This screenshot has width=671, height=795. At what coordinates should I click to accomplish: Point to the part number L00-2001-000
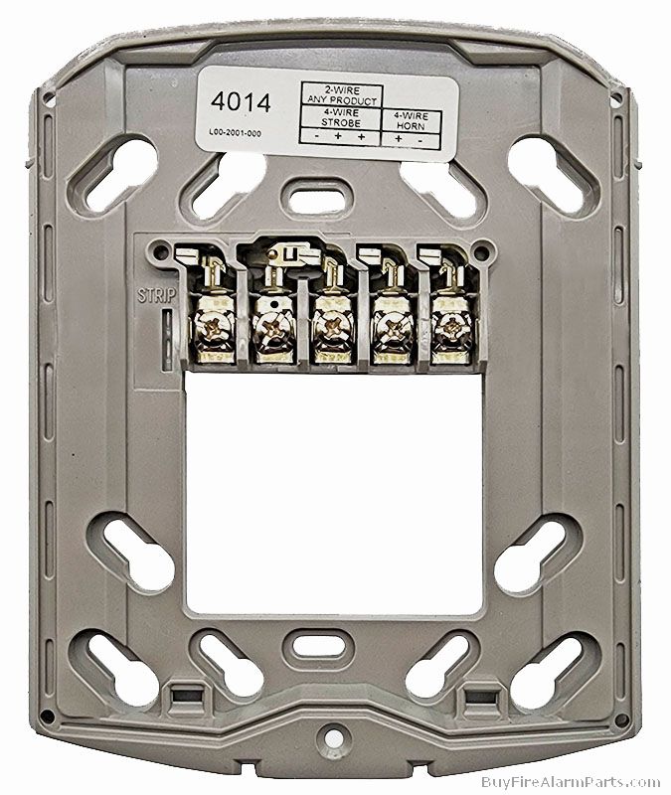pyautogui.click(x=236, y=133)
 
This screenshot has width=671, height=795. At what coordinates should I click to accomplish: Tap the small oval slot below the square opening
pyautogui.click(x=315, y=643)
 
